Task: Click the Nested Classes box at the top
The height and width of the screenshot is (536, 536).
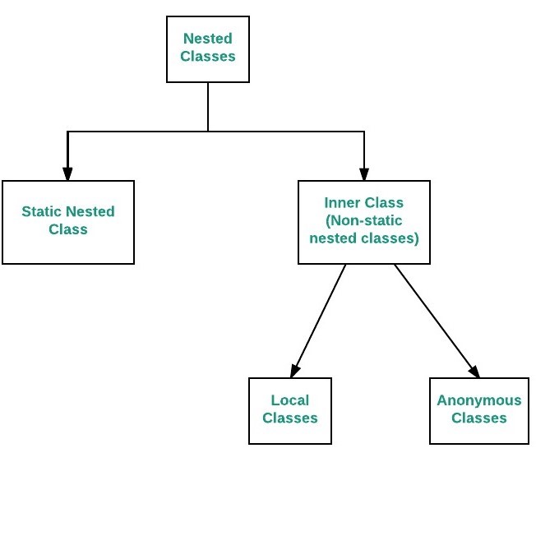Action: [x=208, y=49]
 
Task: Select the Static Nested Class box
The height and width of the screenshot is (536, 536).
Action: [x=68, y=222]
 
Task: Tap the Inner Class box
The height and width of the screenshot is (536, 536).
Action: [x=364, y=222]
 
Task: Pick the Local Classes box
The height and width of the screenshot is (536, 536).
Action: [x=290, y=411]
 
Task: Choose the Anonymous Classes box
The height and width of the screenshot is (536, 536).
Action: [x=479, y=411]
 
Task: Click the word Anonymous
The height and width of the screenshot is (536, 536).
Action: [x=479, y=400]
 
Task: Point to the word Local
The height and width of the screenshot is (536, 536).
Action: [x=290, y=400]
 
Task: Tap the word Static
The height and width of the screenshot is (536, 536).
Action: [x=41, y=211]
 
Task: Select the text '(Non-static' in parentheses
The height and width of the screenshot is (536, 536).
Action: [x=364, y=220]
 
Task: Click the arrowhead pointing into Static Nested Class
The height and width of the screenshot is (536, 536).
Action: [x=67, y=174]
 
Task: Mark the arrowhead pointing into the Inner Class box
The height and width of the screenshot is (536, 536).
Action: [x=364, y=174]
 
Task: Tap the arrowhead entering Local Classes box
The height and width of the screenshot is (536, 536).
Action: [x=295, y=371]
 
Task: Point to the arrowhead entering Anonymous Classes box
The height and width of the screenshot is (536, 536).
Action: [x=474, y=372]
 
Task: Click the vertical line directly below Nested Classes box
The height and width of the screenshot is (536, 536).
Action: [x=208, y=107]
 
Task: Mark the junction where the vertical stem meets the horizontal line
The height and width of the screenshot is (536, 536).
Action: [x=208, y=132]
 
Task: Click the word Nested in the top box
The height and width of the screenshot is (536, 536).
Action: [x=208, y=39]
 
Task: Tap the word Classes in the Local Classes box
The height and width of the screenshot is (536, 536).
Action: [x=290, y=418]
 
